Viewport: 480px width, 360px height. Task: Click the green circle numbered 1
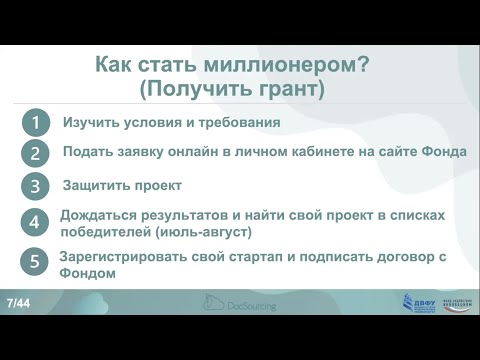click(36, 123)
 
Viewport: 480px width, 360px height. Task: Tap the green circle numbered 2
click(36, 154)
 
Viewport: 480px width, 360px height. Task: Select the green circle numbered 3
click(36, 187)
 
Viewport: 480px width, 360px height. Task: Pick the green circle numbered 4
click(36, 223)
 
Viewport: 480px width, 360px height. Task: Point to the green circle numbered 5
click(36, 263)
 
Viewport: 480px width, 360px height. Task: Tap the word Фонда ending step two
click(441, 153)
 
